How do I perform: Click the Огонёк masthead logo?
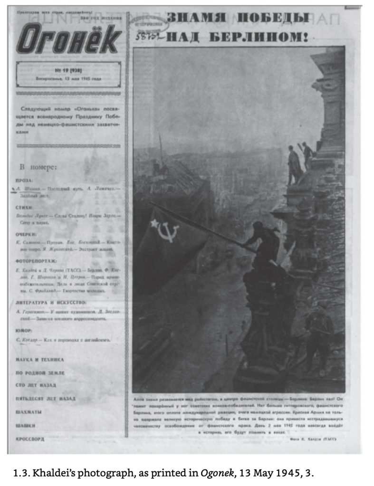click(x=68, y=39)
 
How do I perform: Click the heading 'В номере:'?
click(x=38, y=167)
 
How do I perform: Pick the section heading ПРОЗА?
click(x=24, y=181)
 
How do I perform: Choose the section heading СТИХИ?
click(x=24, y=208)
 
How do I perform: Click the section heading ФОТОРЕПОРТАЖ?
click(x=36, y=261)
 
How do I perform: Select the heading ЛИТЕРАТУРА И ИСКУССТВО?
click(x=51, y=302)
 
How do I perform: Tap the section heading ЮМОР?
click(x=24, y=330)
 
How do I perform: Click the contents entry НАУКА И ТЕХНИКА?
click(x=39, y=360)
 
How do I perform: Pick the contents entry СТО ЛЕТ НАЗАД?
click(x=35, y=385)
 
